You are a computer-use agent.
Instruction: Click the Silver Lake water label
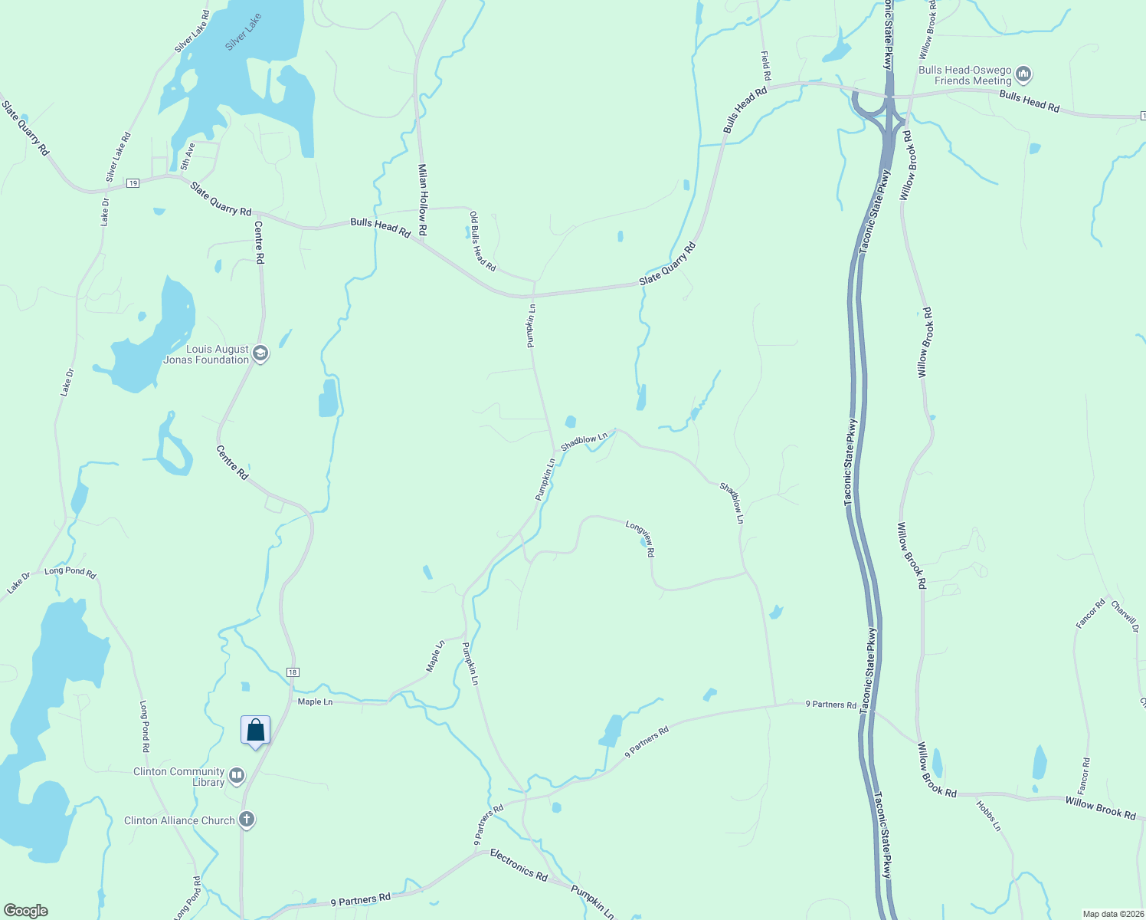tap(244, 32)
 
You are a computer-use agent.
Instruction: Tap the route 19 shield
tap(133, 183)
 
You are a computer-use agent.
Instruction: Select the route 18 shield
tap(293, 672)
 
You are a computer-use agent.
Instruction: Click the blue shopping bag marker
tap(255, 730)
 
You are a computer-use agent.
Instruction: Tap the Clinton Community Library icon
tap(237, 777)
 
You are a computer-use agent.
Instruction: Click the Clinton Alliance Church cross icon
tap(246, 820)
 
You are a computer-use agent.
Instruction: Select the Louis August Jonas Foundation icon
tap(260, 353)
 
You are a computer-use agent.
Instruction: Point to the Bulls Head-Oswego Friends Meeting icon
tap(1024, 75)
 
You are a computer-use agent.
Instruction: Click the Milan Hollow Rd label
tap(422, 199)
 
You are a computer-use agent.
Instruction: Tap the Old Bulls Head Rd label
tap(483, 242)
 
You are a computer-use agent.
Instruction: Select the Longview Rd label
tap(640, 537)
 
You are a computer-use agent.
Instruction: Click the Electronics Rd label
tap(519, 865)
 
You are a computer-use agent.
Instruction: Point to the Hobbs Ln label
tap(988, 816)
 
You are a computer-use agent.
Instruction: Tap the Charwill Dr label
tap(1125, 616)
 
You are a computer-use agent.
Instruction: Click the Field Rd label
tap(765, 66)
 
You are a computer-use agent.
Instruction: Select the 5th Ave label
tap(188, 156)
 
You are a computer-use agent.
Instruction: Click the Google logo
tap(26, 911)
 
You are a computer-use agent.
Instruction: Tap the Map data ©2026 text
tap(1112, 914)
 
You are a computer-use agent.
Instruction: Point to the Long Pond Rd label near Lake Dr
tap(70, 572)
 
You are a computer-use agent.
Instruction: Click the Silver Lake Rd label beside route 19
tap(118, 157)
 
